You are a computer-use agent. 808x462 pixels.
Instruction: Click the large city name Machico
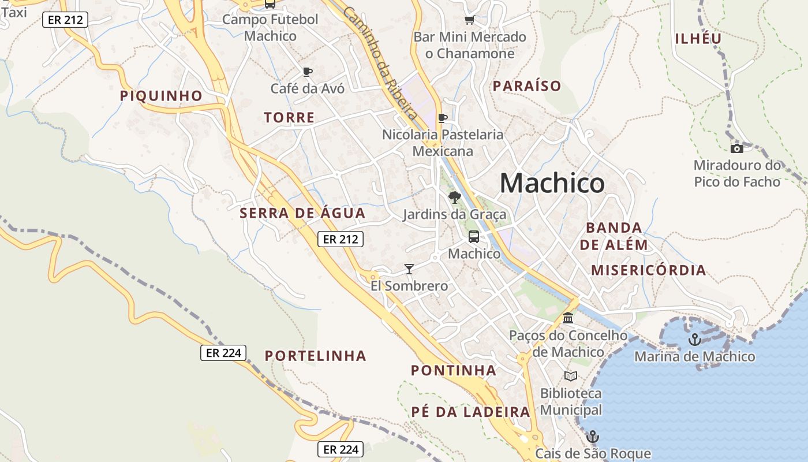(x=552, y=183)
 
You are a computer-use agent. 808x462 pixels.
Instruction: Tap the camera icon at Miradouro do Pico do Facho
(x=737, y=148)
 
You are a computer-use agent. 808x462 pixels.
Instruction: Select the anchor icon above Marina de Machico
(x=694, y=339)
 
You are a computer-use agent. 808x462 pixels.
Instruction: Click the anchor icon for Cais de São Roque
(x=592, y=436)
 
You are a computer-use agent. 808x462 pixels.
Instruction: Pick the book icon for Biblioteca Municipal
(x=571, y=377)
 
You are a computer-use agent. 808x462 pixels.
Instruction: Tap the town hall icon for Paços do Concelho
(x=568, y=318)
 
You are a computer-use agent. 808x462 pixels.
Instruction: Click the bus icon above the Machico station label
(x=474, y=236)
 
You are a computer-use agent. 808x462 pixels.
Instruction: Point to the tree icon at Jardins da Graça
(x=454, y=198)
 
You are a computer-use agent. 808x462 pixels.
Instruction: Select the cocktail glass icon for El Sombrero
(x=409, y=269)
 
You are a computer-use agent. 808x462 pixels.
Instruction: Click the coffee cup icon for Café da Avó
(x=308, y=72)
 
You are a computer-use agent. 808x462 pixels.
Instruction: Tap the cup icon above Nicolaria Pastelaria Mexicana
(x=443, y=118)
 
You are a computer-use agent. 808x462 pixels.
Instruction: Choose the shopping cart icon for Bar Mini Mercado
(x=469, y=20)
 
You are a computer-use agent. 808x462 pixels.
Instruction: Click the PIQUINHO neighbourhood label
(x=161, y=96)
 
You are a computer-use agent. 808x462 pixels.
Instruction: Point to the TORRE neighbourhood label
(x=289, y=118)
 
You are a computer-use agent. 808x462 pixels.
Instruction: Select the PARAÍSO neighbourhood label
(x=526, y=86)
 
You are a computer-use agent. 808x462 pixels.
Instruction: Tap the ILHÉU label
(x=698, y=39)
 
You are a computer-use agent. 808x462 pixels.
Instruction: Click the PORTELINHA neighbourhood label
(x=316, y=356)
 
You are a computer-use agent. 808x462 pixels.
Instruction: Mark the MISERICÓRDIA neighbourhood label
(x=648, y=270)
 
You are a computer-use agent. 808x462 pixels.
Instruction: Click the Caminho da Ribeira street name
(x=379, y=62)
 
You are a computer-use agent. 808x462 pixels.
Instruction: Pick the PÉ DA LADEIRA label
(x=470, y=412)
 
